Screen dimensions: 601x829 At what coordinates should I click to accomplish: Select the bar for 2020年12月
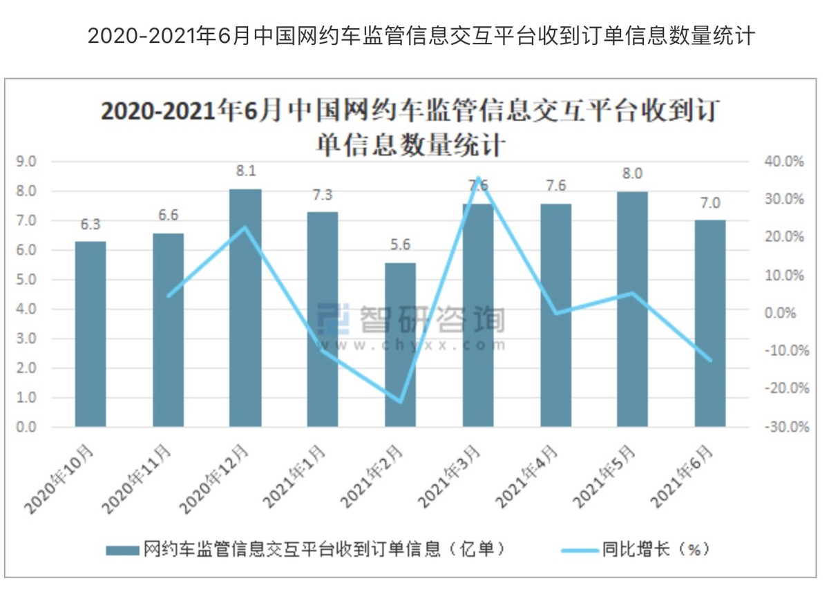(x=245, y=307)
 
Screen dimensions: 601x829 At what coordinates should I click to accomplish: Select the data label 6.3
(x=90, y=224)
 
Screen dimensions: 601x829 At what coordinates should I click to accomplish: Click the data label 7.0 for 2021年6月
(x=709, y=203)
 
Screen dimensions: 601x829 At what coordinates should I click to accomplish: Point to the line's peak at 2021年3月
(x=478, y=178)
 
